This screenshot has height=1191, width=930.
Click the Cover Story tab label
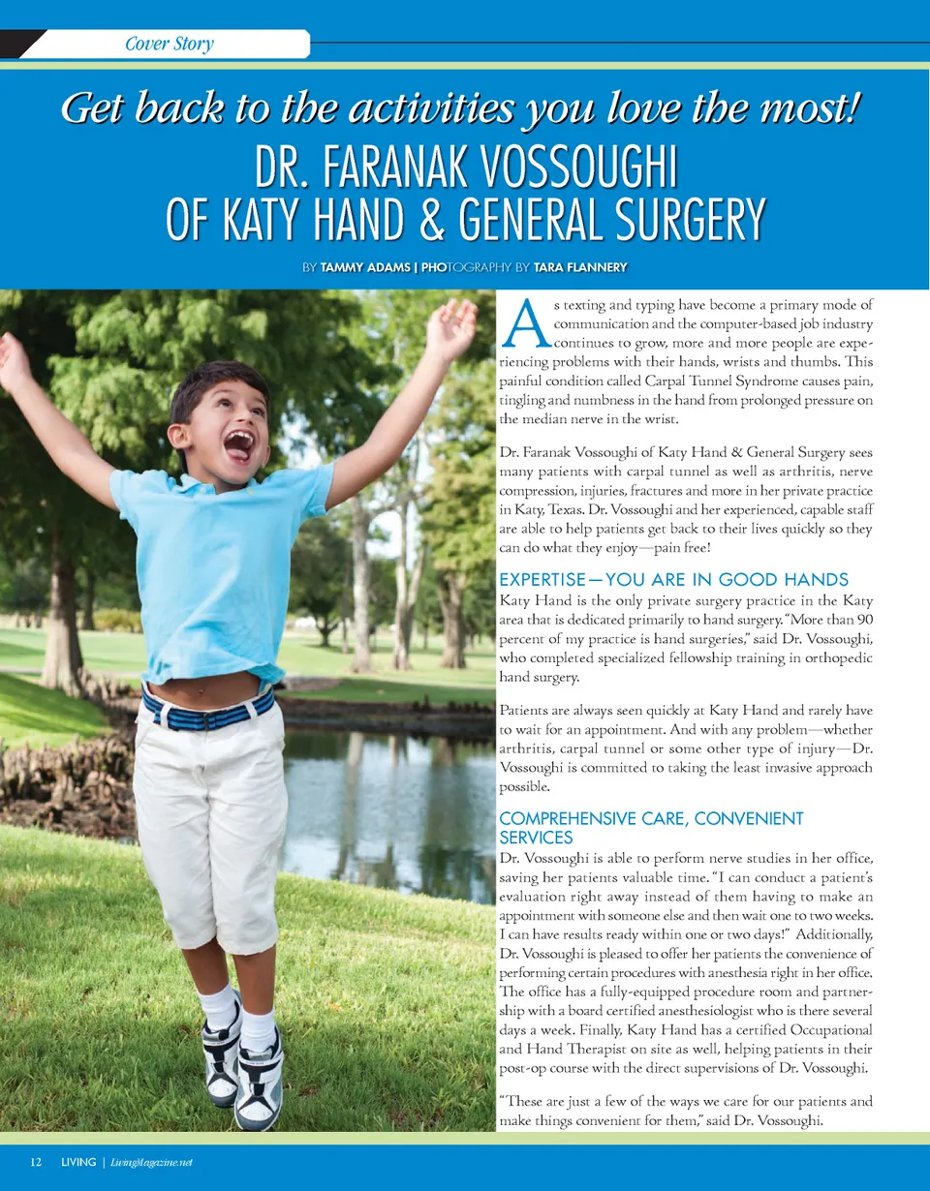click(170, 45)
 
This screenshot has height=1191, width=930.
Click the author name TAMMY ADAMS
click(365, 267)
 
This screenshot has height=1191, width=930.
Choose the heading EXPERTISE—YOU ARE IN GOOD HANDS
click(673, 580)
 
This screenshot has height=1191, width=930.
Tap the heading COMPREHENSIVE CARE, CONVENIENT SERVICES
click(650, 827)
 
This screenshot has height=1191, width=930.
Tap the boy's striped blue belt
click(207, 709)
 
